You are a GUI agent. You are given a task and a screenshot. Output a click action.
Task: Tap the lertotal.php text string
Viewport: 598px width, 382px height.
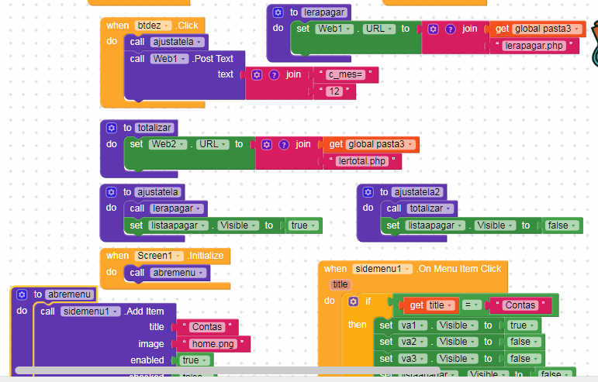click(362, 161)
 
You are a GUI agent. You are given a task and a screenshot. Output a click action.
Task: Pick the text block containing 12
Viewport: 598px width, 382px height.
click(335, 91)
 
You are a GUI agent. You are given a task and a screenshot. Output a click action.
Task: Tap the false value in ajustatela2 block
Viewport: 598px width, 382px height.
click(559, 225)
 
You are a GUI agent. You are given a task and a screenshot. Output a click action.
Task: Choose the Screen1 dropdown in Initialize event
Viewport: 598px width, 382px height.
click(158, 256)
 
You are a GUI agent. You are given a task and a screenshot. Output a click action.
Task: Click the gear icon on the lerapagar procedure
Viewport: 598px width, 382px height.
click(279, 12)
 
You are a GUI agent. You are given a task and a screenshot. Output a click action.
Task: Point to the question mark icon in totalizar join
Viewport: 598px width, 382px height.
click(283, 144)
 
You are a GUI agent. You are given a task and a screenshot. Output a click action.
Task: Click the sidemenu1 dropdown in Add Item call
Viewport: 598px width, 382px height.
click(92, 311)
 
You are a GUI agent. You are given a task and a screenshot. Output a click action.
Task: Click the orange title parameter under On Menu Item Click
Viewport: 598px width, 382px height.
click(340, 284)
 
